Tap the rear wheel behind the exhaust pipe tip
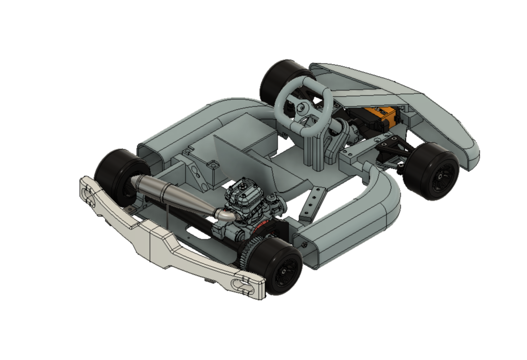click(x=116, y=172)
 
